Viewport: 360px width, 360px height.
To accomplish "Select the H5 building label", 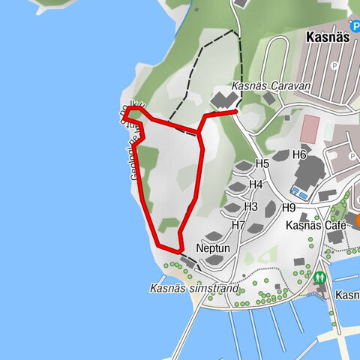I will pyautogui.click(x=262, y=163).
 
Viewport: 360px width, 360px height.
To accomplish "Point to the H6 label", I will pyautogui.click(x=300, y=154).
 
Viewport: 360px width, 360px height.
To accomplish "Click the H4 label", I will pyautogui.click(x=256, y=184).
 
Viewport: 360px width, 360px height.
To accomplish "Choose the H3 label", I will pyautogui.click(x=250, y=206).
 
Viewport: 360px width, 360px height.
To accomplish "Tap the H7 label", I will pyautogui.click(x=238, y=224).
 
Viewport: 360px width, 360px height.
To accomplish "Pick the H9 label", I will pyautogui.click(x=289, y=208).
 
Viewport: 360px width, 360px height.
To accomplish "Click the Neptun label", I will pyautogui.click(x=212, y=247).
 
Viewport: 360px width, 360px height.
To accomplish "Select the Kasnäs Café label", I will pyautogui.click(x=315, y=225).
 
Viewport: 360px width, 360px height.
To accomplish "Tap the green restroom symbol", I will pyautogui.click(x=320, y=277).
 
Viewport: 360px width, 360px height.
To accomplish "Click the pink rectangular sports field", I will pyautogui.click(x=309, y=128).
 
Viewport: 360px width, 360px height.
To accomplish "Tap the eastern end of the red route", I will pyautogui.click(x=235, y=112).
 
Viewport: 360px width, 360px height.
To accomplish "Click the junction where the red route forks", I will pyautogui.click(x=199, y=134).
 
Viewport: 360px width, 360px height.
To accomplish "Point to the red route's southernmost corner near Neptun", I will pyautogui.click(x=179, y=250).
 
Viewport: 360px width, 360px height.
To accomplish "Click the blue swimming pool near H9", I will pyautogui.click(x=300, y=194).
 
